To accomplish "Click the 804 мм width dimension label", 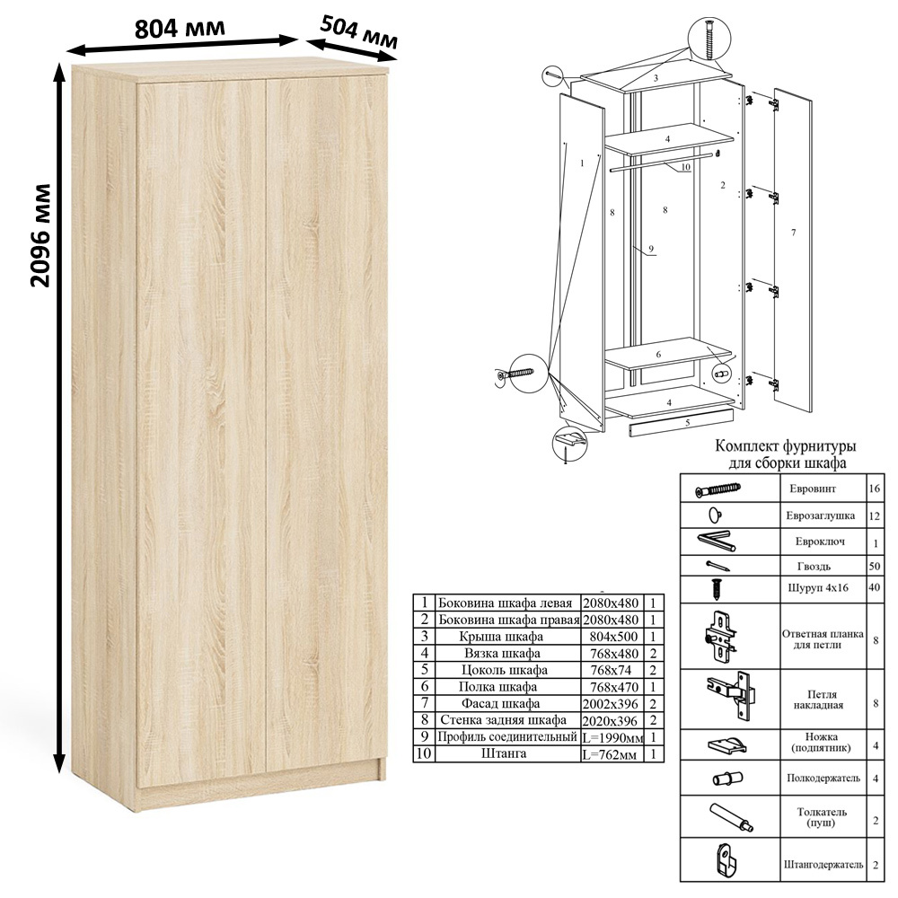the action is point(180,28).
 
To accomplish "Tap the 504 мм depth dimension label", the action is point(358,32).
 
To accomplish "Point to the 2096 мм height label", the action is point(40,235).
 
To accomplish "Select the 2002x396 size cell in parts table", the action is point(611,703).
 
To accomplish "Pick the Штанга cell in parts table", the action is point(504,753).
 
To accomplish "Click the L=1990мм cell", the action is point(612,737).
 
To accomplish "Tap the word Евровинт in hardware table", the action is point(813,489).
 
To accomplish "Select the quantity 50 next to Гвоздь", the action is point(874,567).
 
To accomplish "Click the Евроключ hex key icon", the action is point(717,541).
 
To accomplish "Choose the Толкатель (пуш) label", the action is point(822,817).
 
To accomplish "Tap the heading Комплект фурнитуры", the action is point(786,445).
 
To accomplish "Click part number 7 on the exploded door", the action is point(793,233).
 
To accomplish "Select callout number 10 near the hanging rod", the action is point(685,167).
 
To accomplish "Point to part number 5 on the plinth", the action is point(687,423).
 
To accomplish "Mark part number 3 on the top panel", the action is point(656,78).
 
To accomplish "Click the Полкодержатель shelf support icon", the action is point(728,779).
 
